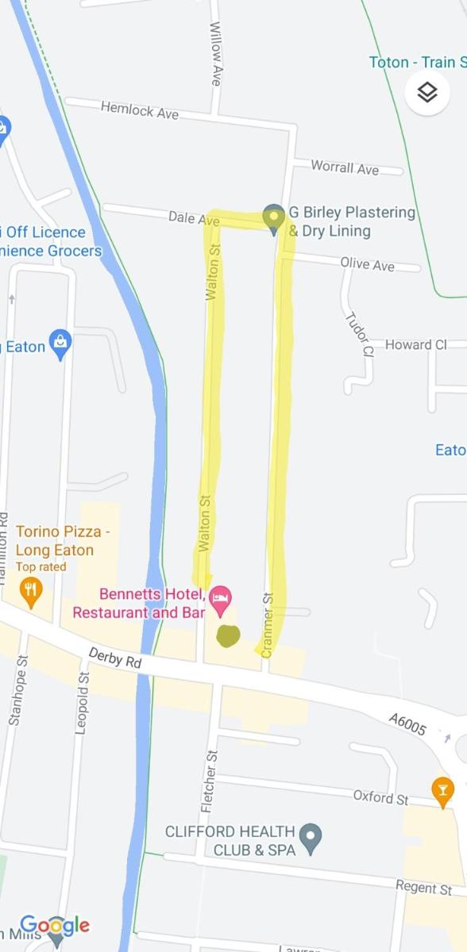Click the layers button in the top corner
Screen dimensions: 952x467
(x=427, y=93)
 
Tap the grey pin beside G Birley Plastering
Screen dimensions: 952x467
(x=274, y=218)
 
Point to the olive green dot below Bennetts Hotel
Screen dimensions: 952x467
(x=229, y=635)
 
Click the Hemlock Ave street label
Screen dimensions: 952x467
(x=140, y=111)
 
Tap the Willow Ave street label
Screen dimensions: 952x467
(x=215, y=53)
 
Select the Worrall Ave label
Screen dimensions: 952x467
(x=345, y=167)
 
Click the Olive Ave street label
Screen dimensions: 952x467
(x=367, y=264)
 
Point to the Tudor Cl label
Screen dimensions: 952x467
(x=357, y=333)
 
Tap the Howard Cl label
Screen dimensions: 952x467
(x=415, y=344)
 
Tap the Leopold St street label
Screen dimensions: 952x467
(x=82, y=707)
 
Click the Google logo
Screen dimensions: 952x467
(x=54, y=926)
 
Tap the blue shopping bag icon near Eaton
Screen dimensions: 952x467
(x=60, y=344)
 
